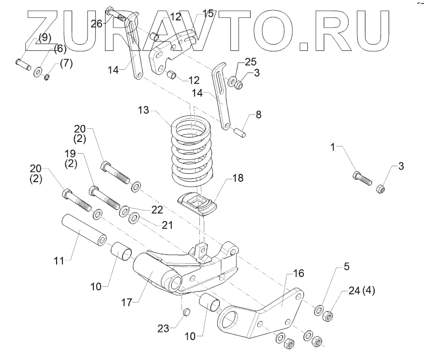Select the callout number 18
coord(238,178)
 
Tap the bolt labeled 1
coord(363,178)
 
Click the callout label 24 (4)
coord(361,291)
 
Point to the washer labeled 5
coord(319,310)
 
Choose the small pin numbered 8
coord(241,132)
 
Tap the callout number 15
coord(208,14)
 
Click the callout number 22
coord(156,209)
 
